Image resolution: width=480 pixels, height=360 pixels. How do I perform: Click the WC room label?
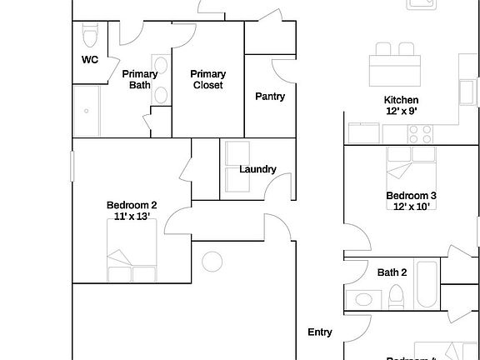pyautogui.click(x=90, y=60)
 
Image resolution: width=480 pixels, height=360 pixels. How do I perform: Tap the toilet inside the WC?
pyautogui.click(x=90, y=35)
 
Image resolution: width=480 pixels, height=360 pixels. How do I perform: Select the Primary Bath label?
pyautogui.click(x=140, y=79)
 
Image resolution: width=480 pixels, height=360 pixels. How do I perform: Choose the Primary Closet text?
pyautogui.click(x=207, y=79)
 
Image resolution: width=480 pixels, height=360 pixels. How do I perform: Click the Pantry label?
pyautogui.click(x=270, y=97)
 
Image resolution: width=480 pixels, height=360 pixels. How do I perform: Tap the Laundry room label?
pyautogui.click(x=257, y=169)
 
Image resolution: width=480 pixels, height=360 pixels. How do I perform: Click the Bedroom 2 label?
pyautogui.click(x=132, y=206)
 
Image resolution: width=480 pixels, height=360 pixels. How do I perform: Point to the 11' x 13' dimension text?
pyautogui.click(x=132, y=217)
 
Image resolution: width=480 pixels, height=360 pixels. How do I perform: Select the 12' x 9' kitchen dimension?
pyautogui.click(x=401, y=111)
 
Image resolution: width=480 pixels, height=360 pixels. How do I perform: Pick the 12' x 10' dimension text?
pyautogui.click(x=411, y=207)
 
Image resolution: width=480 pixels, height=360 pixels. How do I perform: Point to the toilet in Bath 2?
pyautogui.click(x=397, y=296)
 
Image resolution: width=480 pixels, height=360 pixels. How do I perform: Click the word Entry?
pyautogui.click(x=320, y=332)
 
